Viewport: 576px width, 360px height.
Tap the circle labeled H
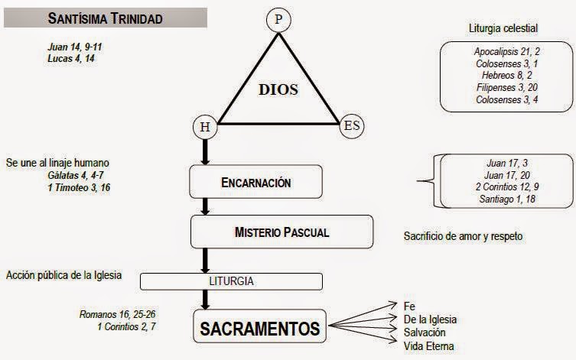(x=205, y=127)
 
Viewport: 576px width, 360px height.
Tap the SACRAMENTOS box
(x=259, y=329)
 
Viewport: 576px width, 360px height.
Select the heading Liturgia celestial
(x=503, y=29)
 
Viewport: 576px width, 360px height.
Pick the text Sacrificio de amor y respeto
(x=463, y=236)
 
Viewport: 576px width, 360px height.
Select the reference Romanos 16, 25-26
(x=117, y=314)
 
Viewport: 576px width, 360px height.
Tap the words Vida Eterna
(x=428, y=347)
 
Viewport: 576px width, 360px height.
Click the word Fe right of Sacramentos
(x=409, y=306)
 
